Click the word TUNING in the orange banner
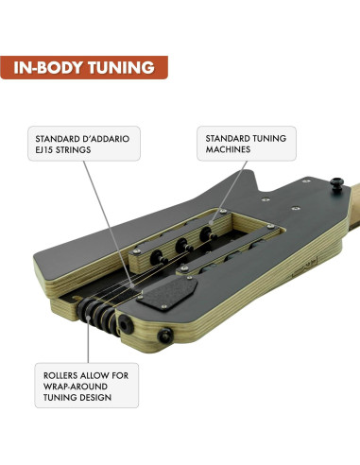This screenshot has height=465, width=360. (x=121, y=68)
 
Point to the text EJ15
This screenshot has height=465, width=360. (x=44, y=150)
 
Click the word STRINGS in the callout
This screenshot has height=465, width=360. (x=73, y=150)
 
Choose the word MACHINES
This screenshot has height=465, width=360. (x=228, y=149)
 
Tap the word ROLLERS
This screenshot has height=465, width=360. (x=60, y=375)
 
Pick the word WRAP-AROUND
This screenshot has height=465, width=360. (x=76, y=387)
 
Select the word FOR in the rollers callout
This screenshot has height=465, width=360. (x=121, y=375)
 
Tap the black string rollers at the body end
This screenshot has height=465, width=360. (x=98, y=316)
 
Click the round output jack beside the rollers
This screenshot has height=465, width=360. (x=126, y=325)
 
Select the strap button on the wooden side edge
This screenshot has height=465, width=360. (x=165, y=336)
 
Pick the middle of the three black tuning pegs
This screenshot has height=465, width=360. (x=181, y=246)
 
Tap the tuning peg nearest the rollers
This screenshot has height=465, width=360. (x=158, y=258)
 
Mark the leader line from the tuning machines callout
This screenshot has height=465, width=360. (x=229, y=193)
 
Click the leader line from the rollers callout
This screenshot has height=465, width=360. (x=89, y=339)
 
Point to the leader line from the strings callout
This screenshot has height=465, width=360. (x=109, y=224)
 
